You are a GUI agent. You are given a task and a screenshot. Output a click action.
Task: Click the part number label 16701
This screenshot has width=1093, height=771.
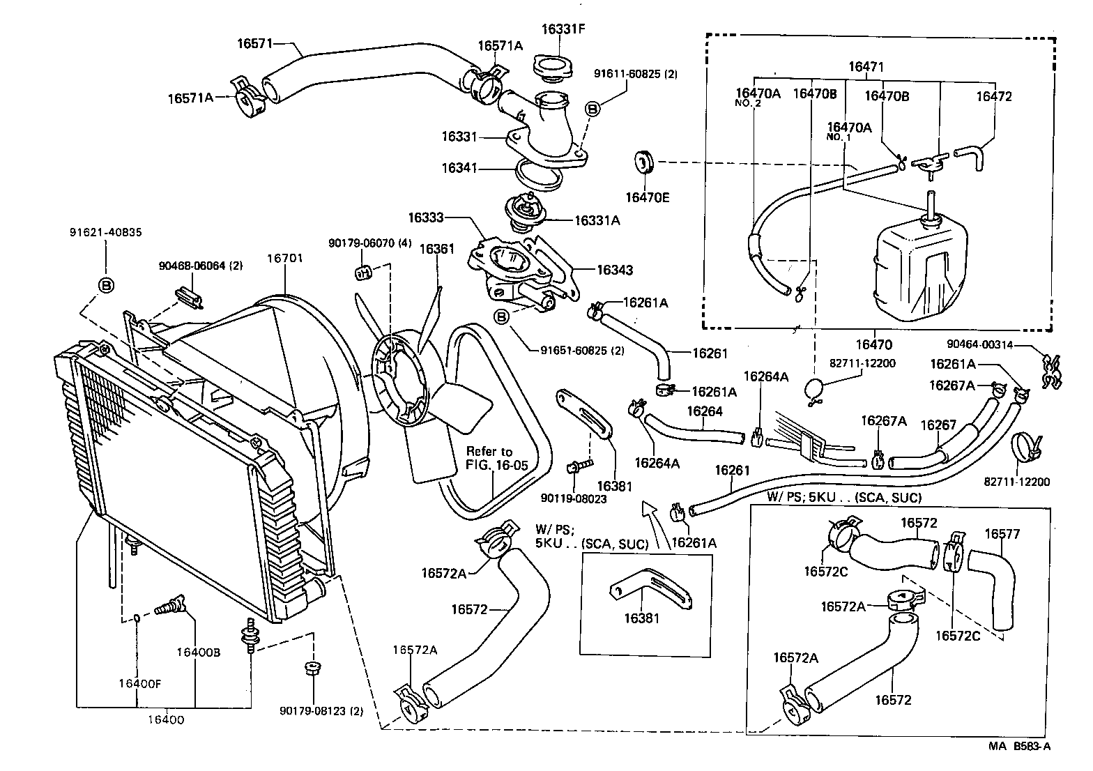[x=285, y=259]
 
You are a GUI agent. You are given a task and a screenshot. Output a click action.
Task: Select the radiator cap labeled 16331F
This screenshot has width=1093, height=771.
[x=553, y=68]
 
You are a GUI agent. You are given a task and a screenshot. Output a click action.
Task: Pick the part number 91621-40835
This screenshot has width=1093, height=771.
[x=106, y=233]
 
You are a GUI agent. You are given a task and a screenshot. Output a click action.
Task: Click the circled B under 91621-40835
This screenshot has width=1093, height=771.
[x=106, y=285]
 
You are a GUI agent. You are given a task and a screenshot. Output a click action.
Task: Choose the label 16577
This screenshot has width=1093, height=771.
[x=1002, y=534]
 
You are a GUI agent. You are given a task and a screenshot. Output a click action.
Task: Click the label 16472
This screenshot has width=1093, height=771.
[x=993, y=97]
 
